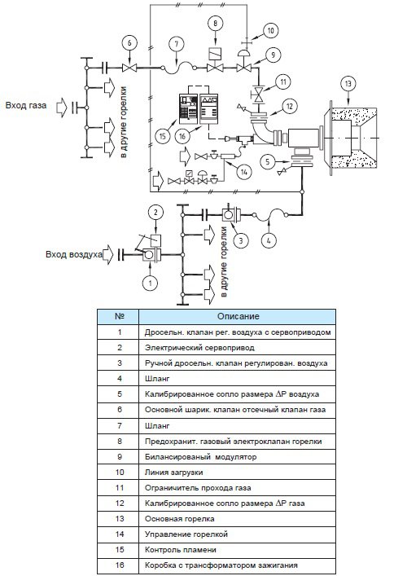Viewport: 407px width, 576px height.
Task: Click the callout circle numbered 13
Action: click(348, 84)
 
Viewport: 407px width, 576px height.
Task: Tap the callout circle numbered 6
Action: click(129, 44)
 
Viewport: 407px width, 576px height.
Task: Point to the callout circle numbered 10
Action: click(271, 30)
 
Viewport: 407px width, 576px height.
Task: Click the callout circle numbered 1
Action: click(150, 283)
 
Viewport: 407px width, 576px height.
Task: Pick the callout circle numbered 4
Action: click(269, 241)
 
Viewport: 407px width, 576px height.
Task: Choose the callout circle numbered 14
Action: click(244, 172)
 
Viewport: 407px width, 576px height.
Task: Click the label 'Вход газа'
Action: click(26, 105)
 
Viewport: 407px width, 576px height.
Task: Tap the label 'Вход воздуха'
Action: click(74, 254)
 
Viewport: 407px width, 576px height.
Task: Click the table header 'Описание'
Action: click(239, 316)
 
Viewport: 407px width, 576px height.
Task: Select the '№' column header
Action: click(120, 316)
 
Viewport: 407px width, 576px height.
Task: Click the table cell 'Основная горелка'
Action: click(179, 519)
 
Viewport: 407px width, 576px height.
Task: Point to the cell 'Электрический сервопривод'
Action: click(199, 348)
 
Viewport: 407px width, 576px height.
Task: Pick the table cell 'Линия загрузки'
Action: click(173, 472)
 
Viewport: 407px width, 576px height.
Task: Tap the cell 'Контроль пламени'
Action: click(181, 550)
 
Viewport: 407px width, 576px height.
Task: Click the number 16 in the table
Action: click(120, 565)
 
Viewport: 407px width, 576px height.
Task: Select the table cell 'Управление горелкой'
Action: click(186, 534)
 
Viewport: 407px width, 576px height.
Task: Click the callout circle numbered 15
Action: click(163, 137)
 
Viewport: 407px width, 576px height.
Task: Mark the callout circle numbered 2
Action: click(155, 213)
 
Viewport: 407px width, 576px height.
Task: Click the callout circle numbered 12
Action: click(290, 107)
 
